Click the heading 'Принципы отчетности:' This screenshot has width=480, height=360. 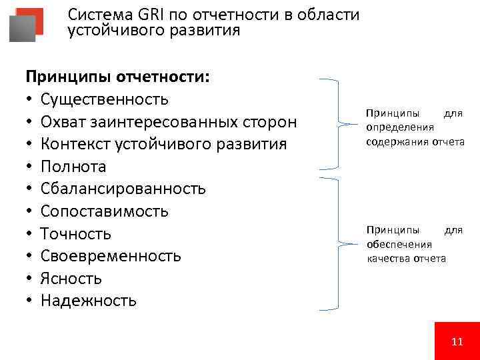click(117, 77)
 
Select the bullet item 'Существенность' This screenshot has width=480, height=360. click(104, 100)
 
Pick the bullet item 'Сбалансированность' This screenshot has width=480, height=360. click(123, 189)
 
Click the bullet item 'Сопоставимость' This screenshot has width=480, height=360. click(104, 211)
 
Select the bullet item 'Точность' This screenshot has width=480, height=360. click(75, 233)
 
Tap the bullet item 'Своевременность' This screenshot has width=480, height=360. click(110, 256)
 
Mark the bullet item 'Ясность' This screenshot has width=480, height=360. click(71, 278)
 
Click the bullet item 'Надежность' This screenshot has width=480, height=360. click(88, 301)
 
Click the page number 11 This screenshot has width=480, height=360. click(457, 341)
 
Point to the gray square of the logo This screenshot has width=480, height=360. click(22, 29)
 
